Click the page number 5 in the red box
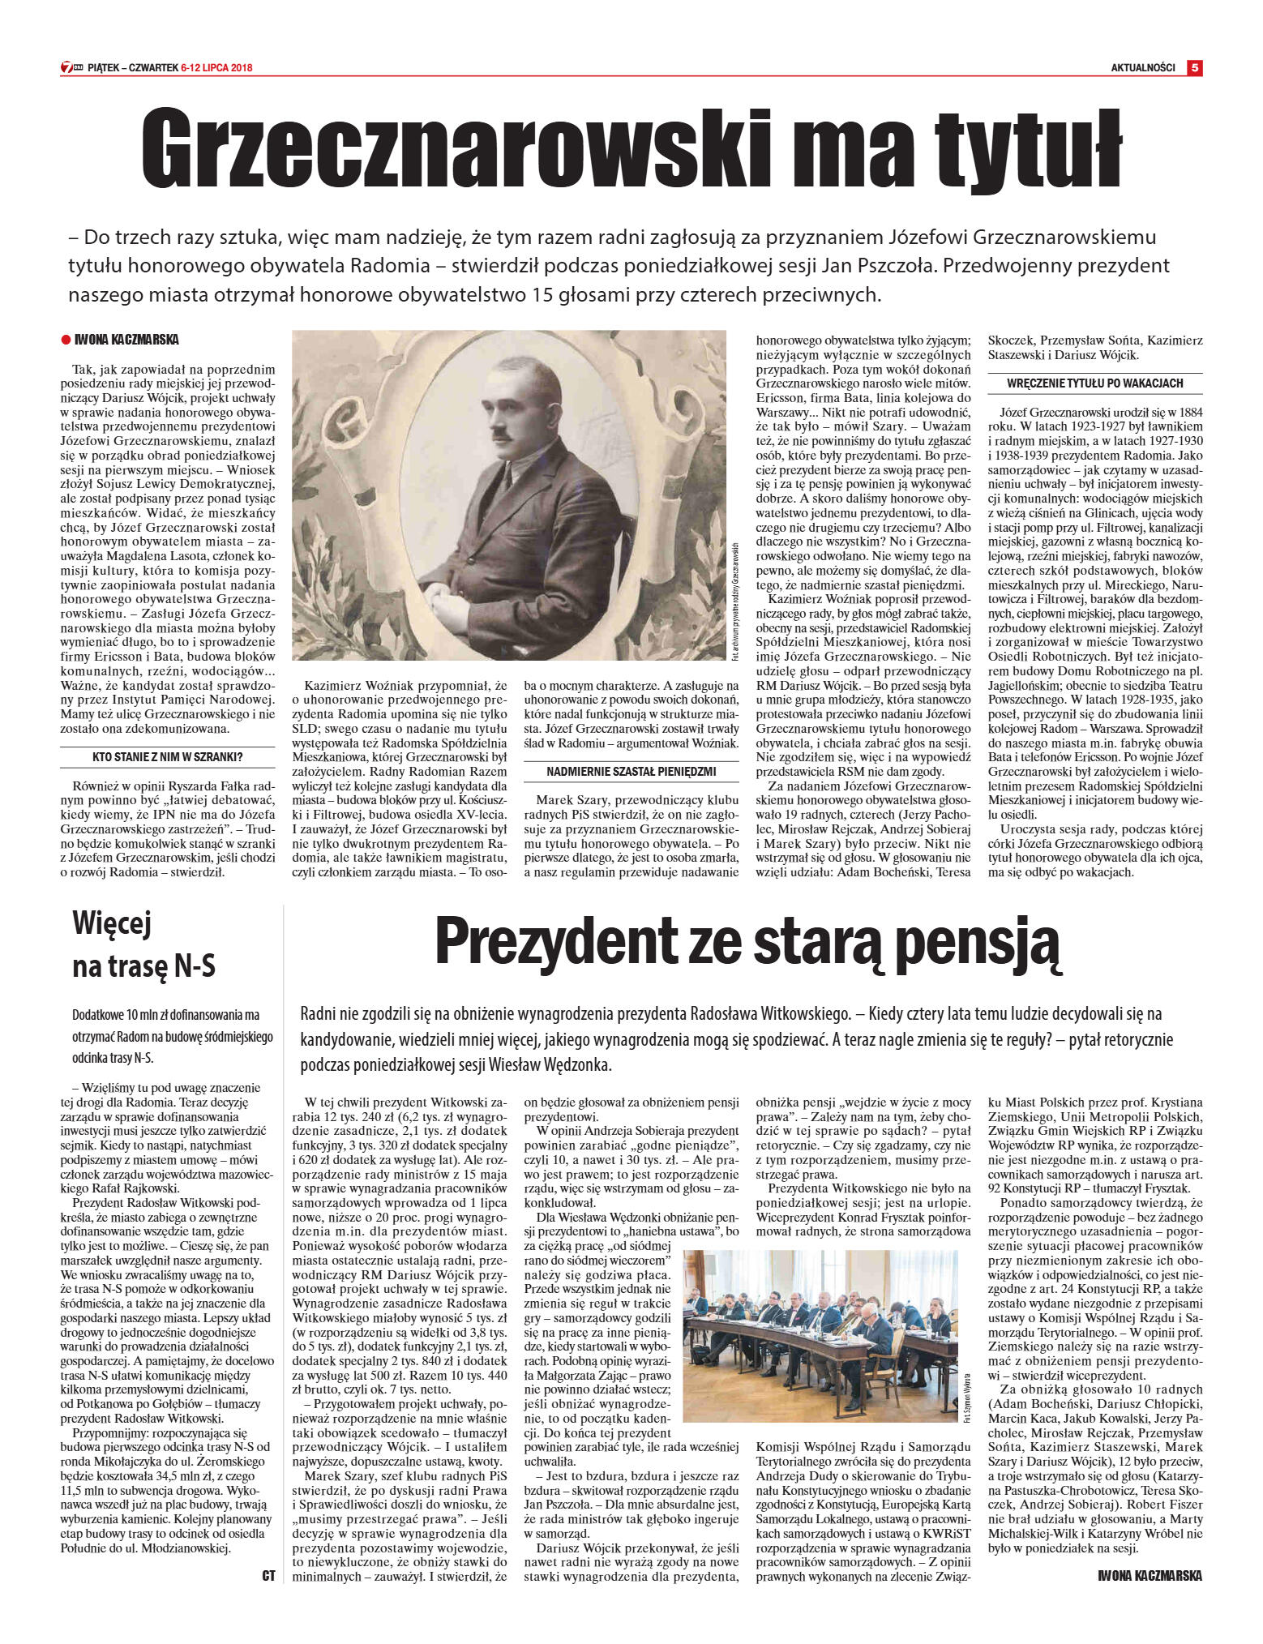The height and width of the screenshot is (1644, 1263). (1194, 68)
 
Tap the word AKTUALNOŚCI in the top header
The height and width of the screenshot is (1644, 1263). (1142, 68)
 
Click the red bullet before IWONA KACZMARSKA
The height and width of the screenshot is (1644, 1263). (66, 340)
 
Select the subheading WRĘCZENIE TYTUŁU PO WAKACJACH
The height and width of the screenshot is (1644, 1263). (1094, 383)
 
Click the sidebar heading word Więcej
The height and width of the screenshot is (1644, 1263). (112, 923)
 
